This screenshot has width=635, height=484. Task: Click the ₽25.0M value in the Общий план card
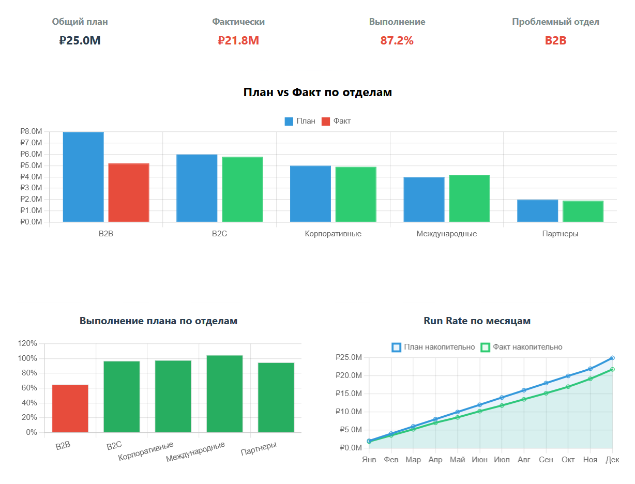[80, 40]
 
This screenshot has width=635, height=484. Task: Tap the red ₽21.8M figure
[238, 40]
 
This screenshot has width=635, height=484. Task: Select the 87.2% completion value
[397, 40]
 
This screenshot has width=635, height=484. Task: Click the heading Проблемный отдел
[555, 22]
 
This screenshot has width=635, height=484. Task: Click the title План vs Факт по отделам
[317, 93]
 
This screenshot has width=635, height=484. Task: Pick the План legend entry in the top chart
[300, 121]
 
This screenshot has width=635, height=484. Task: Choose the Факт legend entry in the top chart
[336, 121]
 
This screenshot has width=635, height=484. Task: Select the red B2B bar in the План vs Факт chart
[129, 193]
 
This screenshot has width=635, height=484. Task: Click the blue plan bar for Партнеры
[537, 211]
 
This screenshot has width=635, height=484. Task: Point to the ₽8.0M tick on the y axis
[31, 132]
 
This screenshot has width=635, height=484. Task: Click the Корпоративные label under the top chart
[333, 234]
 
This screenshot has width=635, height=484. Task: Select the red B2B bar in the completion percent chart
[70, 409]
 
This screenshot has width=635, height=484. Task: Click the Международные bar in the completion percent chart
[224, 394]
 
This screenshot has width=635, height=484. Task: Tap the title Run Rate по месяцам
[477, 321]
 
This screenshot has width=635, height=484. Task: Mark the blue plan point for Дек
[612, 358]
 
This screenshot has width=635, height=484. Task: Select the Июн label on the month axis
[479, 460]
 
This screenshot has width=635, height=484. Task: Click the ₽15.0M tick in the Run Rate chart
[349, 394]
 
